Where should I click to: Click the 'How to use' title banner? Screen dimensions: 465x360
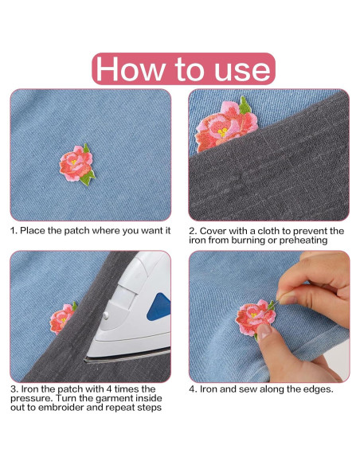tap(183, 68)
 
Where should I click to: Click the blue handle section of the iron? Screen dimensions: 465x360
tap(159, 307)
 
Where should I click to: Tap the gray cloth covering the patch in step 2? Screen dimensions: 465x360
tap(271, 179)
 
